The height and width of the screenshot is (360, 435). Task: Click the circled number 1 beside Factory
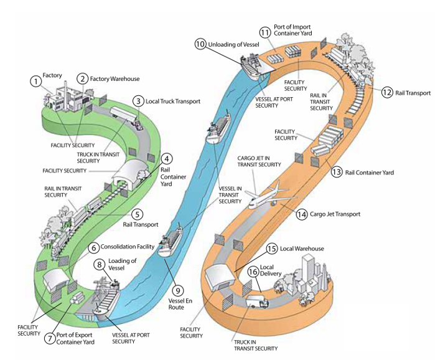(35, 82)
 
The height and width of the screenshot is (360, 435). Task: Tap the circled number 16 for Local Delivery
(253, 271)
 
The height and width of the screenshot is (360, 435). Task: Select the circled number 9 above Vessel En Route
(178, 291)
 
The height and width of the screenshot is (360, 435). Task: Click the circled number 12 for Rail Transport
(387, 92)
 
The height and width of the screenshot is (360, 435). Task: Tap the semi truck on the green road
(127, 118)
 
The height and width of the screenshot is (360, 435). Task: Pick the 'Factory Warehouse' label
(115, 79)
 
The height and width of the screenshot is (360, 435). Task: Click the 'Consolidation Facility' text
(128, 247)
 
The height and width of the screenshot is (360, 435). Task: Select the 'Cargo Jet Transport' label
(335, 214)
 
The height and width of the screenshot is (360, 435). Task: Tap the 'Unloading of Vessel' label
(233, 44)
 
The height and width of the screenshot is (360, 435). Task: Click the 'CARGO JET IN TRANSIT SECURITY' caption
(259, 161)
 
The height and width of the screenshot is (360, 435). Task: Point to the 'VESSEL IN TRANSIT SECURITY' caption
(230, 195)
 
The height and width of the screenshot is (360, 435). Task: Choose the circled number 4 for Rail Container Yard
(166, 159)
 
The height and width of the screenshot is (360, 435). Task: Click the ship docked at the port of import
(253, 66)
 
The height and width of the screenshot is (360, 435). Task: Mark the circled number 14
(302, 214)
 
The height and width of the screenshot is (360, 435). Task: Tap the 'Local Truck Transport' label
(173, 102)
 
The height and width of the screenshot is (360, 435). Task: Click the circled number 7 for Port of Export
(50, 338)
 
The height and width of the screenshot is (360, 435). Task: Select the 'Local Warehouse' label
(302, 249)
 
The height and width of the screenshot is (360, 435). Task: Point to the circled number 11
(265, 33)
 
